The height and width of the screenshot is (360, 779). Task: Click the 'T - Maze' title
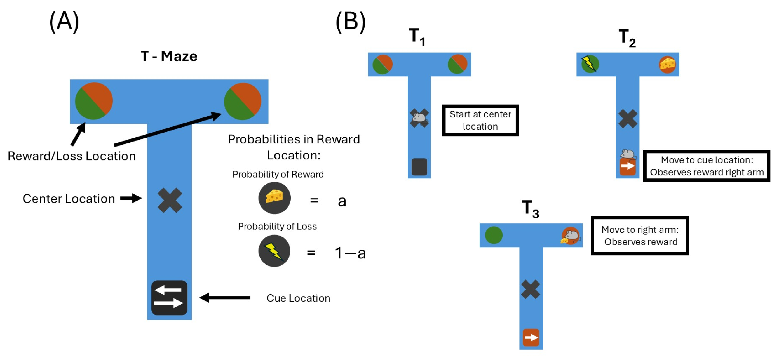(169, 56)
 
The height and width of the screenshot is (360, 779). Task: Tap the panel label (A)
(64, 22)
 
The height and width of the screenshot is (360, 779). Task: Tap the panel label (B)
(351, 22)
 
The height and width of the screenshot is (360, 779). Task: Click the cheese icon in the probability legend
(274, 198)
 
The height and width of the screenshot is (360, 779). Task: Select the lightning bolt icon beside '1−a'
(274, 251)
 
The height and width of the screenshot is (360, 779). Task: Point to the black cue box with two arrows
(169, 298)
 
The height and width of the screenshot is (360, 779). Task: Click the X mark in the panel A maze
(170, 200)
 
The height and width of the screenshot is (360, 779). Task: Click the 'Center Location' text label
(69, 199)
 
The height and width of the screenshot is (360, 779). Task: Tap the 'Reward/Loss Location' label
(71, 156)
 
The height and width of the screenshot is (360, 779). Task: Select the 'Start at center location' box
(480, 120)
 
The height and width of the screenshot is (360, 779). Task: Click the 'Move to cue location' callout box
(707, 166)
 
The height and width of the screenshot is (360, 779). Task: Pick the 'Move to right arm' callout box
(640, 236)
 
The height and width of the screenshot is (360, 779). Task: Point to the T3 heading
(530, 209)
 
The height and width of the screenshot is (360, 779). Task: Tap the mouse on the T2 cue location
(628, 154)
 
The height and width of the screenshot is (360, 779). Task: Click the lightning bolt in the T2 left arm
(589, 64)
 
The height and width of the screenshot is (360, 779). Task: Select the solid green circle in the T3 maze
(494, 235)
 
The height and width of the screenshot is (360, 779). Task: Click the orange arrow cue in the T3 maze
(531, 337)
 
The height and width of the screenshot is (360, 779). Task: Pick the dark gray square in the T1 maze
(419, 166)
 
